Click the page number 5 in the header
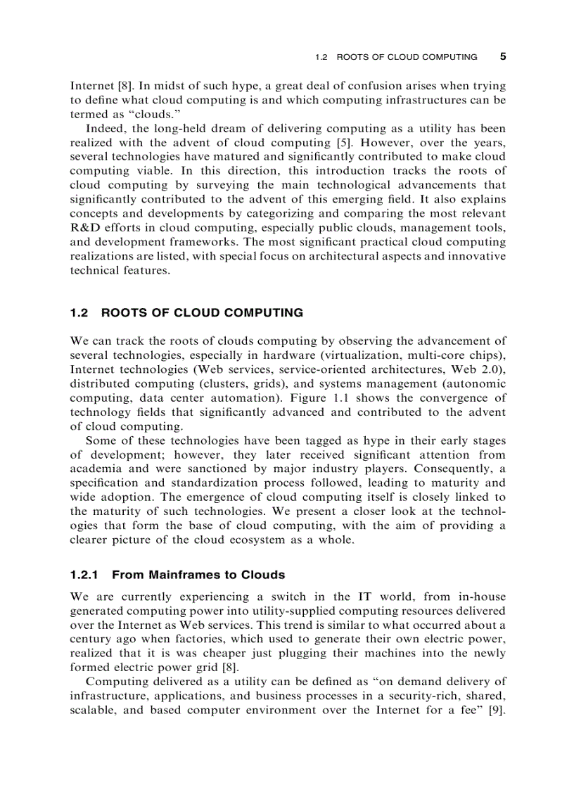[502, 56]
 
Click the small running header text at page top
[396, 57]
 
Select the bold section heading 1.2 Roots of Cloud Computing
[187, 312]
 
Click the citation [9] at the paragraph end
[497, 710]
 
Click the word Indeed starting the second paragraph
[103, 128]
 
